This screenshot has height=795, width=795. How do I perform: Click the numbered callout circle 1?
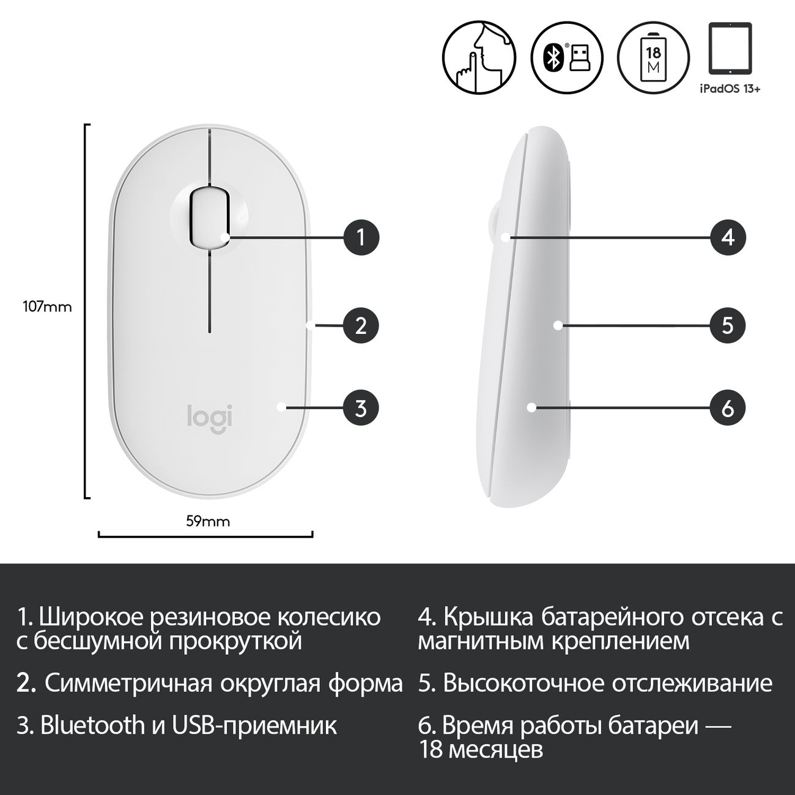361,237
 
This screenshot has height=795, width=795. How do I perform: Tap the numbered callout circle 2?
361,325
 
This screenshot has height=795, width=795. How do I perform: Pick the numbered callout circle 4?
728,237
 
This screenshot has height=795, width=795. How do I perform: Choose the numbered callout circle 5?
728,325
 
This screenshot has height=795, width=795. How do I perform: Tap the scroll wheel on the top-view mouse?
209,218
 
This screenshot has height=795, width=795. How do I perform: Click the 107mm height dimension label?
48,307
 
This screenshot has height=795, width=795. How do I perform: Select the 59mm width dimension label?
208,522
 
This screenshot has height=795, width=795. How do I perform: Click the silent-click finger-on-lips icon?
479,59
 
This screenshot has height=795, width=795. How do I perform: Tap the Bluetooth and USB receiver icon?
566,59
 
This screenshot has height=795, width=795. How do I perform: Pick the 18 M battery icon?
654,59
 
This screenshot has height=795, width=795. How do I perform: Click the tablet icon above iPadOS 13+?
730,48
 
